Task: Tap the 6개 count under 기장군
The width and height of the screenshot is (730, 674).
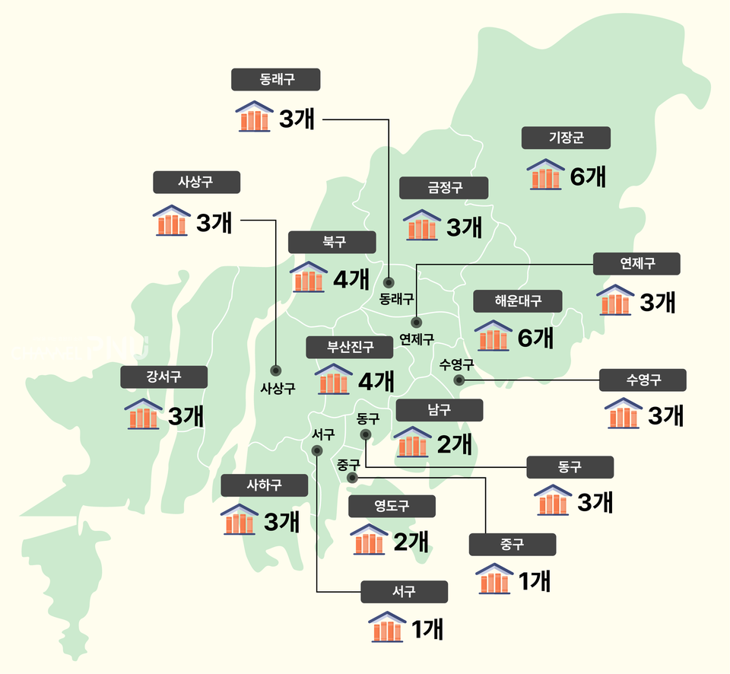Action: click(588, 176)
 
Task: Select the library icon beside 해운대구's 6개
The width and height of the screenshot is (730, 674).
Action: click(493, 335)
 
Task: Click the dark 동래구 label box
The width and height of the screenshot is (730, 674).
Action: click(275, 79)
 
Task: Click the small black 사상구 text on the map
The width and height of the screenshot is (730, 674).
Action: click(277, 388)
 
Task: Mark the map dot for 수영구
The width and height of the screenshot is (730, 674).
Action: click(459, 380)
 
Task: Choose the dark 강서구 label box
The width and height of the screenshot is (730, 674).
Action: click(163, 377)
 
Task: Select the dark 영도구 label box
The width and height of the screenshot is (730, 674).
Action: click(392, 506)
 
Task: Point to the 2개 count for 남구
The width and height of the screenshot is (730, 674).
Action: click(455, 443)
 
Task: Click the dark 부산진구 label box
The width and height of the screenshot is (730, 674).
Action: click(350, 348)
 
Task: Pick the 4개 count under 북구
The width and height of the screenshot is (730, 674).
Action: click(351, 280)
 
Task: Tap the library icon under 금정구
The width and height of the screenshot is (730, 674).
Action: click(421, 226)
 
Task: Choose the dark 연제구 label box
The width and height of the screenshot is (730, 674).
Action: click(637, 263)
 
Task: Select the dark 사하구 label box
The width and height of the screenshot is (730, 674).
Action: click(264, 485)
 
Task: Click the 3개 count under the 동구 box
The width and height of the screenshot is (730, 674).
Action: click(595, 502)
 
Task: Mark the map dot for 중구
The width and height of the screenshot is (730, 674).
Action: click(351, 478)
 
